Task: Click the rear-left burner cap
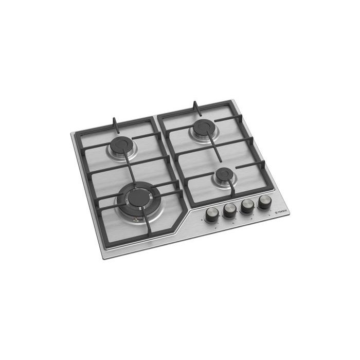[x=121, y=146]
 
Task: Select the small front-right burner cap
[x=223, y=176]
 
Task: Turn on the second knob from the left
[x=229, y=209]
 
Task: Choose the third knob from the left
[x=247, y=205]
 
